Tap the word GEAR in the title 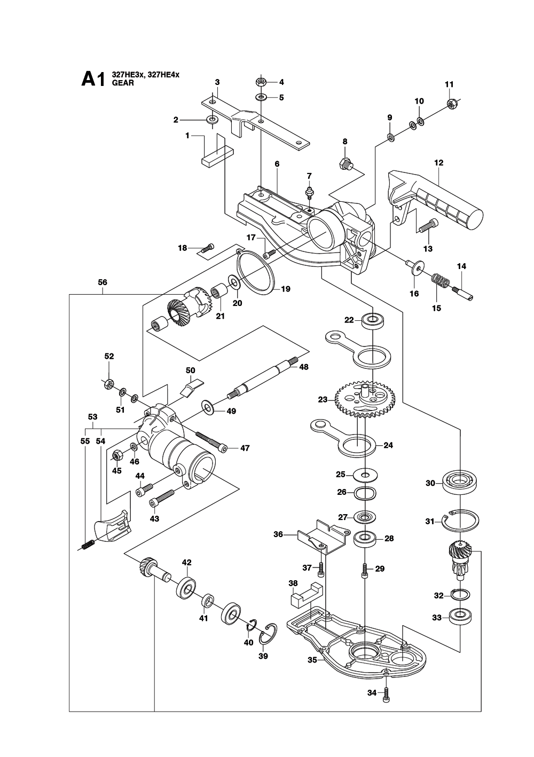coord(123,83)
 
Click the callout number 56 coord(103,282)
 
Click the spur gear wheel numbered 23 coord(366,401)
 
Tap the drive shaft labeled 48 coord(263,377)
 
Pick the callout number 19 coord(286,289)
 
